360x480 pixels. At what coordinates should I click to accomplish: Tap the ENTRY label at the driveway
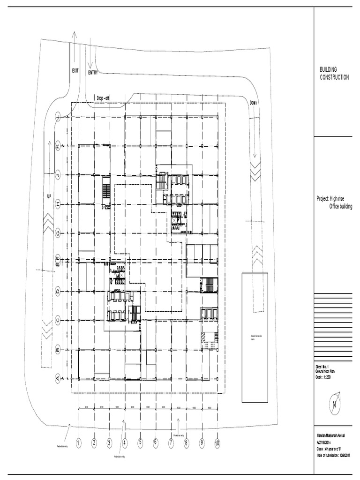pyautogui.click(x=93, y=72)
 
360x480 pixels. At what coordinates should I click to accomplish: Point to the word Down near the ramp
pyautogui.click(x=254, y=103)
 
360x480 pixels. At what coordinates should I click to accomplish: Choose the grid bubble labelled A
pyautogui.click(x=58, y=378)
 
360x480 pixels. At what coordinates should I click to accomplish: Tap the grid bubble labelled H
pyautogui.click(x=58, y=203)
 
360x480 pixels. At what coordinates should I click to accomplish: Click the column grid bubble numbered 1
pyautogui.click(x=79, y=442)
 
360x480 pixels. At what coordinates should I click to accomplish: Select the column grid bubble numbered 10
pyautogui.click(x=217, y=442)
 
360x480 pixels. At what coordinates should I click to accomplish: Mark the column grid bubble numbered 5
pyautogui.click(x=140, y=442)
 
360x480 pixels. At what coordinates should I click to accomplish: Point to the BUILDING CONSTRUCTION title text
pyautogui.click(x=334, y=73)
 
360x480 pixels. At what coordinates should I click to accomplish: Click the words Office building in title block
pyautogui.click(x=341, y=206)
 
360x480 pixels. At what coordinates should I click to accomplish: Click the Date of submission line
pyautogui.click(x=334, y=456)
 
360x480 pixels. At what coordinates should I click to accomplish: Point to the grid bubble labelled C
pyautogui.click(x=58, y=320)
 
